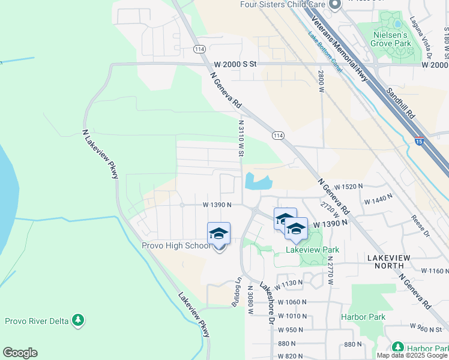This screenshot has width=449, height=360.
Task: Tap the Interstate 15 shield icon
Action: coord(419,140)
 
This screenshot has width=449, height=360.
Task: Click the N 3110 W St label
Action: coord(241,138)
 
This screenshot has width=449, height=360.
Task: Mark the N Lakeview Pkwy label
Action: coord(100,154)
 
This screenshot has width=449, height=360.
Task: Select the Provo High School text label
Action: coord(175,245)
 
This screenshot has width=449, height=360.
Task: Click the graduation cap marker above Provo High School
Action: coord(218,233)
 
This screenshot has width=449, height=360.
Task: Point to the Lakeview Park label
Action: coord(312,250)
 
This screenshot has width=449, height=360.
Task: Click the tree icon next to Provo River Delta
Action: coord(77,320)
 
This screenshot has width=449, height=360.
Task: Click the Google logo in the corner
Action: coord(20,353)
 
